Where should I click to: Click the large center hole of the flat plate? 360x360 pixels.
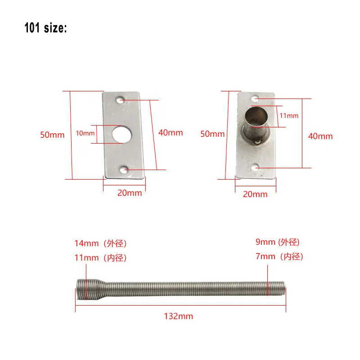[121, 134]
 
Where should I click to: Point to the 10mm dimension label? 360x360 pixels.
[85, 133]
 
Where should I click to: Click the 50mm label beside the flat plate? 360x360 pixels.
[52, 135]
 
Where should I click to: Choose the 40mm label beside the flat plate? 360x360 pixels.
[171, 132]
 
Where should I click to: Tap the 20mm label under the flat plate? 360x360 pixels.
[130, 193]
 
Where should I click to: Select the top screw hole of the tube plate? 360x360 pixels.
[255, 98]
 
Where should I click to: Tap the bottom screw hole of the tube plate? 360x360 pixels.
[256, 167]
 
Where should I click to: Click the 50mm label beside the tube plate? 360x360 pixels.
[212, 134]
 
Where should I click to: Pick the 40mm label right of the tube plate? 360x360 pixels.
[320, 136]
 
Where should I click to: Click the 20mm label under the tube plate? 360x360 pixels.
[255, 194]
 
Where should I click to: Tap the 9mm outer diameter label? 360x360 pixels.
[278, 242]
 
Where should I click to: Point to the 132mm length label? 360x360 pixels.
[179, 316]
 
